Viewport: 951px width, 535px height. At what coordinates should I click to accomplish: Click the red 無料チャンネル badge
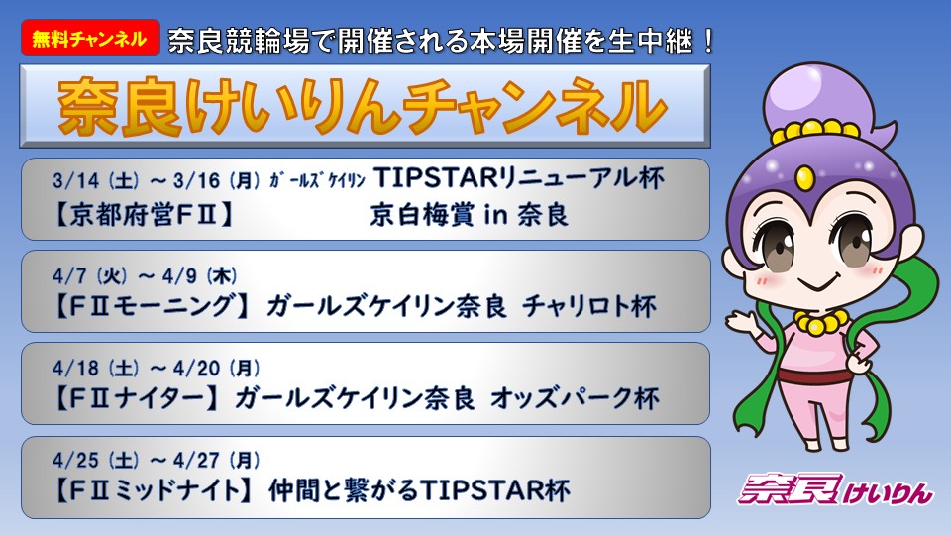coord(88,39)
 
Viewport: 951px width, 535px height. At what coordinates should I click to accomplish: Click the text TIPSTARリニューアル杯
coord(521,180)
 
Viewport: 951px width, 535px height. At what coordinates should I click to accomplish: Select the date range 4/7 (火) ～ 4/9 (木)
coord(144,273)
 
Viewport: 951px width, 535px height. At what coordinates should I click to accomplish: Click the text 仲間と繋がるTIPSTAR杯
coord(420,491)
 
